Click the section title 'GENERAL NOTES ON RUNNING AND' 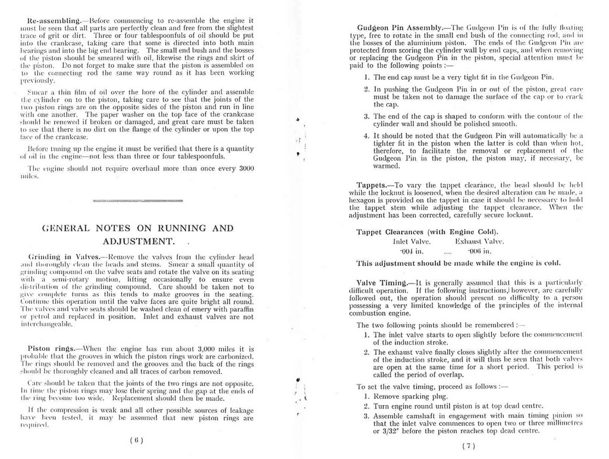click(137, 228)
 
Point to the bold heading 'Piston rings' click(52, 348)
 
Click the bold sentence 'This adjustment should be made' click(458, 262)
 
